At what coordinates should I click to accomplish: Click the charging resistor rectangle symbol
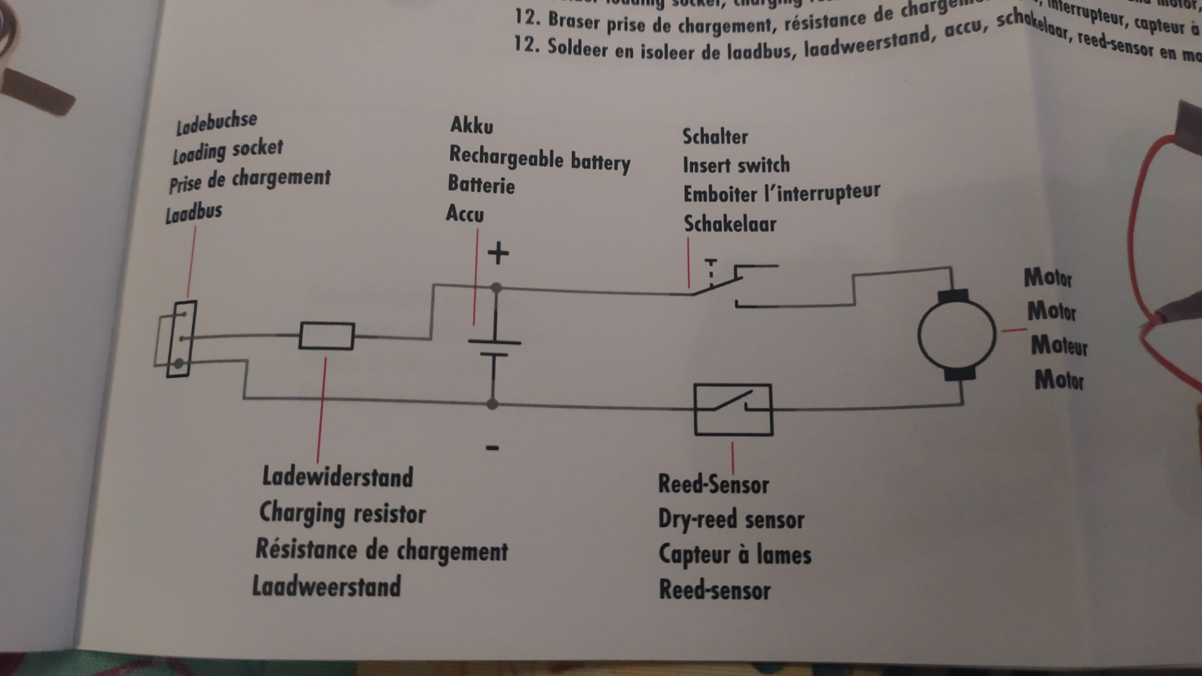coord(326,336)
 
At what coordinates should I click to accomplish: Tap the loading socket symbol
coord(181,339)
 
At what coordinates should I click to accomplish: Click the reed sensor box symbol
coord(733,409)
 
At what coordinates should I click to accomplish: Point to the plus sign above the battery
coord(498,253)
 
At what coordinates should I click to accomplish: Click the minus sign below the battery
coord(492,448)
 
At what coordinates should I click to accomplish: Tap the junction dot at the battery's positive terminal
coord(496,289)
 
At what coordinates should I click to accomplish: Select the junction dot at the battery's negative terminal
coord(493,404)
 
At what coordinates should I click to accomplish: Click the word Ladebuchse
coord(216,122)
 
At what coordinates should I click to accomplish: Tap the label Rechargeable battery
coord(540,158)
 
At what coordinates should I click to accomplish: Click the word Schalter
coord(715,136)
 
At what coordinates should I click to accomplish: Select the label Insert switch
coord(736,165)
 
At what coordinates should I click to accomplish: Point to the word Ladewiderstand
coord(337,477)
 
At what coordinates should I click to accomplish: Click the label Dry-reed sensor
coord(731,520)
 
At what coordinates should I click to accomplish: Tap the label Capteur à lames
coord(734,555)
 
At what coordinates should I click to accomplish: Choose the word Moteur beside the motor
coord(1059,346)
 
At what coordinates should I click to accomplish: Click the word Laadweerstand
coord(326,586)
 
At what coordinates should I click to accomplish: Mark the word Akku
coord(471,125)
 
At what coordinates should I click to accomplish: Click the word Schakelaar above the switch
coord(729,223)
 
